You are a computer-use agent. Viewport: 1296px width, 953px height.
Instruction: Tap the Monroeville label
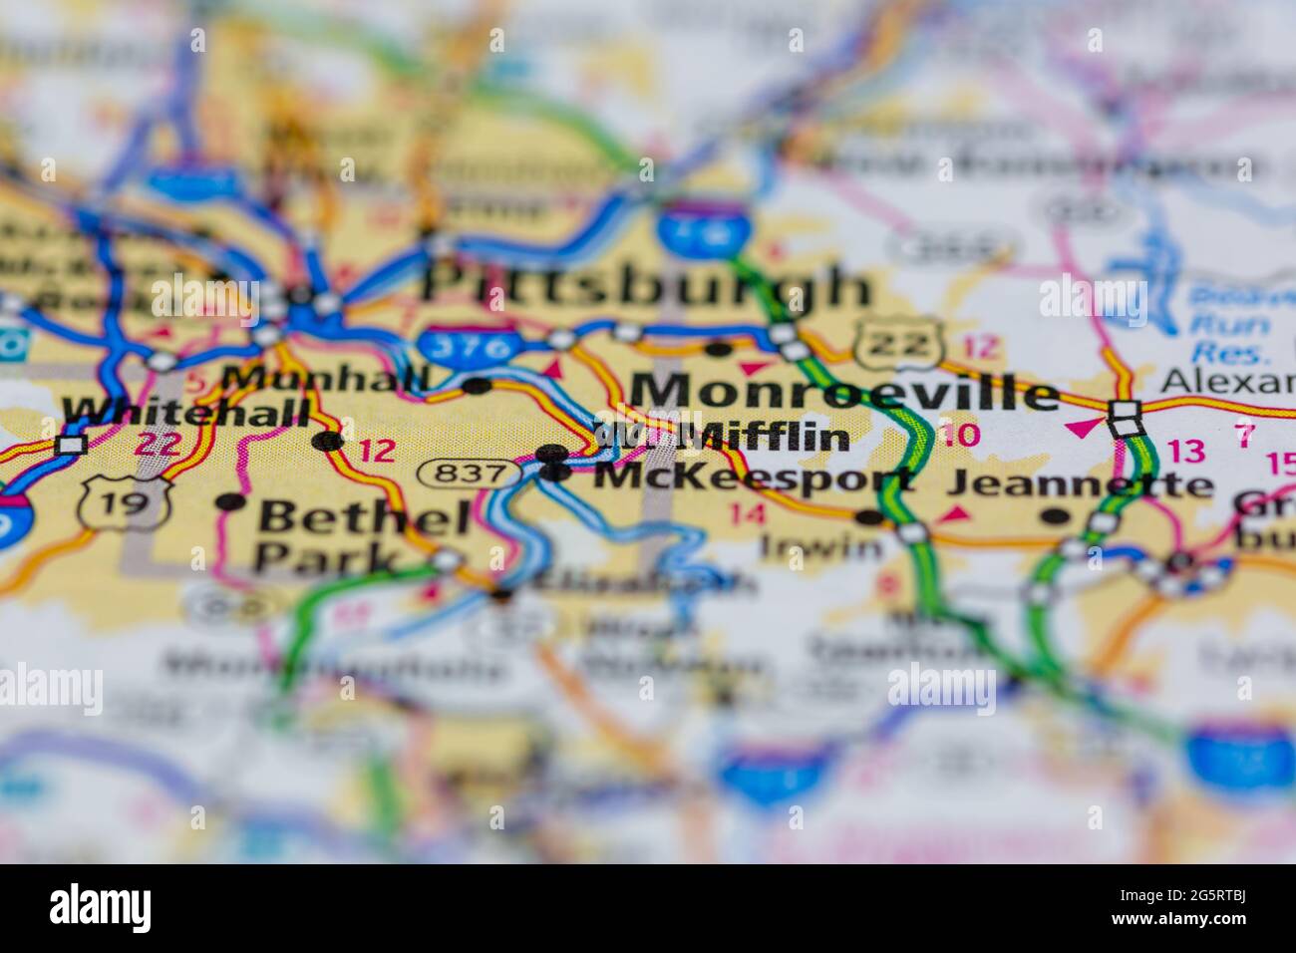[845, 392]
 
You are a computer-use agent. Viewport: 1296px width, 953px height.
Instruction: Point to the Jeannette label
[1080, 484]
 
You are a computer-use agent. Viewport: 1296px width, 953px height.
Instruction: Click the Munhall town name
[325, 379]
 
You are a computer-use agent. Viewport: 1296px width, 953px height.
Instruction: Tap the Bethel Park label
[351, 537]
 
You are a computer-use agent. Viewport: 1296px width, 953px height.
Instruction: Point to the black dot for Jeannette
[1054, 516]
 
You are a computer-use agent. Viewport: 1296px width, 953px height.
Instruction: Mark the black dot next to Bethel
[230, 501]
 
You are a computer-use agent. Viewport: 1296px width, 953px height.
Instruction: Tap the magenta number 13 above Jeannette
[1186, 451]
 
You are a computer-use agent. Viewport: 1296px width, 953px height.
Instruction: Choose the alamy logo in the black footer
[101, 908]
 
